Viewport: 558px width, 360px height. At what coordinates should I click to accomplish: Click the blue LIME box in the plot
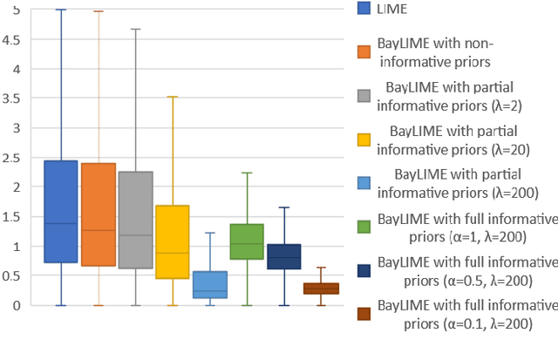tap(61, 211)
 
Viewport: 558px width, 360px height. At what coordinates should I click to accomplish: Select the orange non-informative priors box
tap(98, 214)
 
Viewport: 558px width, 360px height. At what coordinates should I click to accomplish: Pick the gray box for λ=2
tap(135, 220)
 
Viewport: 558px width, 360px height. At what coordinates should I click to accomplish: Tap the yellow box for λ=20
tap(173, 241)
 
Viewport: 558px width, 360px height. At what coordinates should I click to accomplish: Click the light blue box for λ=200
tap(210, 284)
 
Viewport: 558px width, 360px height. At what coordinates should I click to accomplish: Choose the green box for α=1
tap(247, 241)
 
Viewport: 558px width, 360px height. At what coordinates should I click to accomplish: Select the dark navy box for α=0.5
tap(283, 256)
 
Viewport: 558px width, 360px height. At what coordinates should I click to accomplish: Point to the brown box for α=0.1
tap(321, 289)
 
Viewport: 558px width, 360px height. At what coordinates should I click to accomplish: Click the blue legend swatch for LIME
tap(365, 10)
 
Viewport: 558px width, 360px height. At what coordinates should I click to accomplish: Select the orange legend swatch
tap(365, 51)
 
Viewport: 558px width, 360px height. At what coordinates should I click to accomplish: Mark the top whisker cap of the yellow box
tap(173, 97)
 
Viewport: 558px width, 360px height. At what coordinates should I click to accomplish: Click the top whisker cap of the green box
tap(247, 173)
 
